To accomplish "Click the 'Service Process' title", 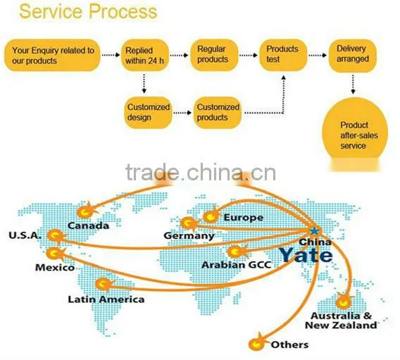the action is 88,11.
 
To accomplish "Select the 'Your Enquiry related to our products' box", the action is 52,55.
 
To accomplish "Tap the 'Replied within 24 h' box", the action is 144,55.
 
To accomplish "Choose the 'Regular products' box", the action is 214,55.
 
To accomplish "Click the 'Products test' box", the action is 283,55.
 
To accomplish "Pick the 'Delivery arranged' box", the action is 353,55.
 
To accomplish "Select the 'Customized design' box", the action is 148,113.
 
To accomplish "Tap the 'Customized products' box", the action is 218,113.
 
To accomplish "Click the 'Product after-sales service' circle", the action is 355,132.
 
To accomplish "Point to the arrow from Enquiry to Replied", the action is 111,55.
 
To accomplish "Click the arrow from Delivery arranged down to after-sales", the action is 353,85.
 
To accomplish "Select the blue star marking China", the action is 315,231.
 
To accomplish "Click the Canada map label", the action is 88,225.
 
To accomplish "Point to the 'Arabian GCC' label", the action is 236,265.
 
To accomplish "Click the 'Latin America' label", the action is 106,299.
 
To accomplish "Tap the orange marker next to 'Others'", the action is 257,343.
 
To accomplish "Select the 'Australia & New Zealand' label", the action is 341,321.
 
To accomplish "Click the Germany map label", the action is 189,236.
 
